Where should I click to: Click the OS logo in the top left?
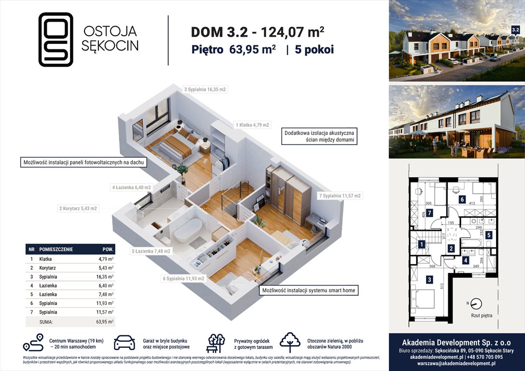click(56, 39)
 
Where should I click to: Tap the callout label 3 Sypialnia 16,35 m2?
click(205, 89)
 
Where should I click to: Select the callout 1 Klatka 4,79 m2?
click(252, 125)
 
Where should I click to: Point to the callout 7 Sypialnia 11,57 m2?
click(340, 196)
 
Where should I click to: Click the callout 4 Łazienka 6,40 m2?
click(131, 187)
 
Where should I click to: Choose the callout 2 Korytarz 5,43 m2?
click(78, 209)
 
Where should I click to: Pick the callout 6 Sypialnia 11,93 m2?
click(183, 278)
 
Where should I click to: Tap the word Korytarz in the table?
click(50, 268)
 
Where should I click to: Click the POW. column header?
click(108, 250)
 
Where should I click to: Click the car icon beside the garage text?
click(125, 343)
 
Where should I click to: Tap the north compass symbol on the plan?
click(476, 304)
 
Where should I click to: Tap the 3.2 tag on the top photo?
click(515, 29)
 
